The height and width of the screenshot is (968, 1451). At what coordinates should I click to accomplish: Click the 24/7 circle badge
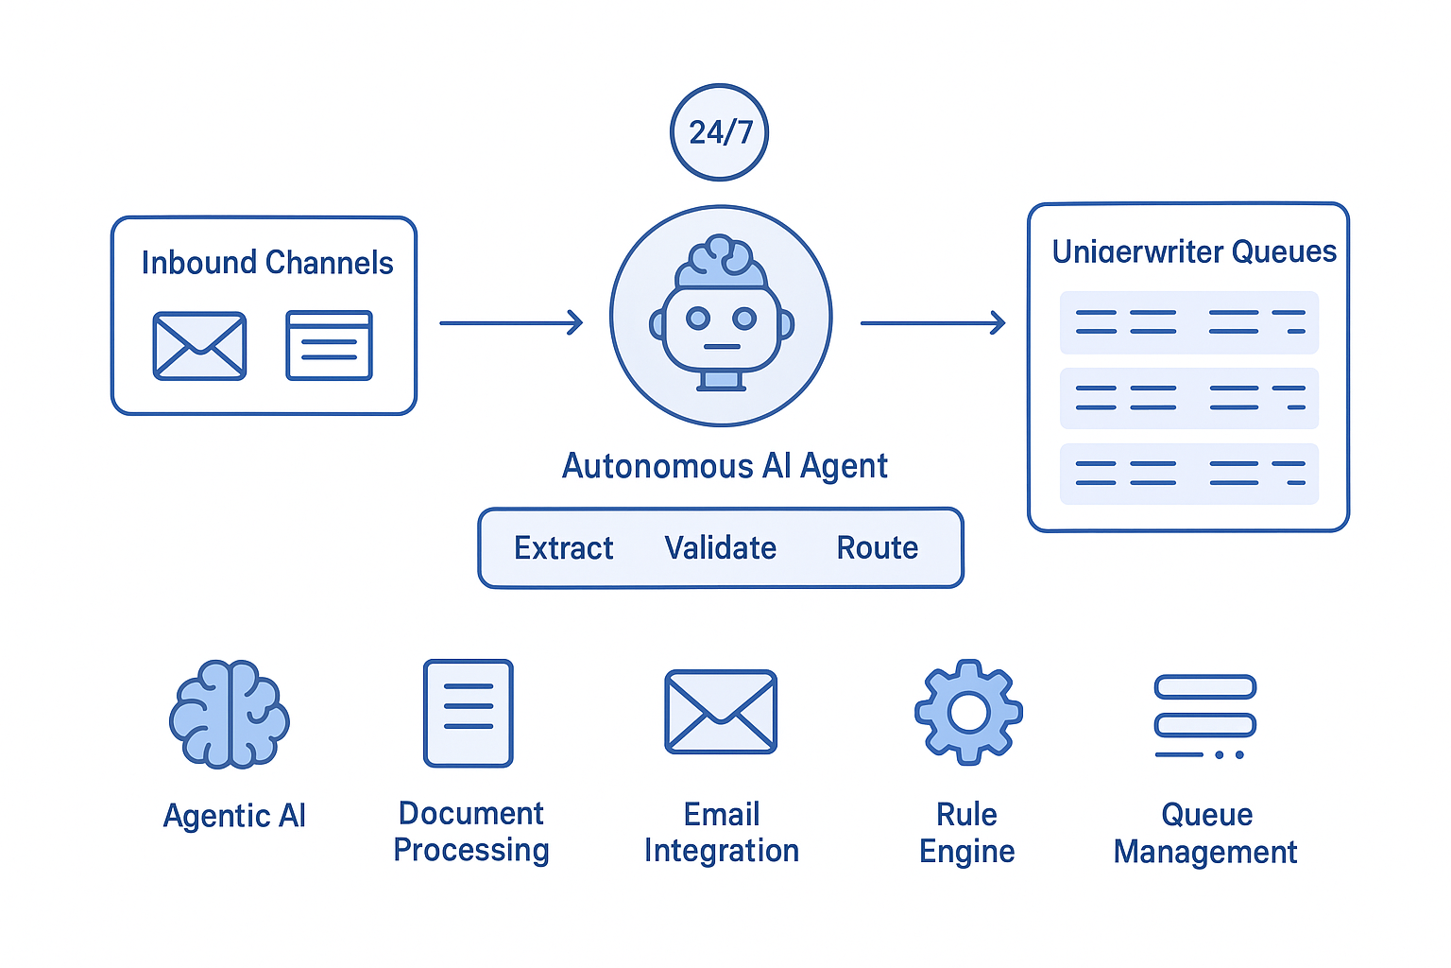pos(719,132)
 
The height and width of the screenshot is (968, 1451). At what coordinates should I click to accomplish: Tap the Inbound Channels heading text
pos(267,263)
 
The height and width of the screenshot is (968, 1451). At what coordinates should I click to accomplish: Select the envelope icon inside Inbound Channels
pos(199,346)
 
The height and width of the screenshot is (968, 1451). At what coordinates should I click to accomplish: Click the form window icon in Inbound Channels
pos(329,346)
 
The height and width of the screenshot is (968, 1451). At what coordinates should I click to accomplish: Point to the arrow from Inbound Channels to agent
pos(511,323)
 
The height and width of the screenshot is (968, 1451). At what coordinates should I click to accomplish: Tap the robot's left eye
pos(698,319)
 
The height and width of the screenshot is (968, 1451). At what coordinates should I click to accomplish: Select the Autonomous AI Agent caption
pos(725,466)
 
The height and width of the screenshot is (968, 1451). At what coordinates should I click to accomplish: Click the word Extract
pos(563,548)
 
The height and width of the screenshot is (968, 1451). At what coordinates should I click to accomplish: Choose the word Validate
pos(720,548)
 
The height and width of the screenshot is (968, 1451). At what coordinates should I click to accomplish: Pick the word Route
pos(878,548)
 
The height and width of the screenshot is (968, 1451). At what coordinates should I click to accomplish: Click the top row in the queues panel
pos(1188,322)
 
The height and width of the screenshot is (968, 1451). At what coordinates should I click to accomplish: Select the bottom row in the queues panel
pos(1188,474)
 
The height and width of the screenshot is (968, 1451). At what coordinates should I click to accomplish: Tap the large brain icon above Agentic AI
pos(230,713)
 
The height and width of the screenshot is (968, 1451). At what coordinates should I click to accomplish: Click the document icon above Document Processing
pos(469,713)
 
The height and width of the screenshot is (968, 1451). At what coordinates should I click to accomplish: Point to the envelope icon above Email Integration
pos(721,712)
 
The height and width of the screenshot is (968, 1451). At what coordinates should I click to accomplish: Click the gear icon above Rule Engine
pos(968,712)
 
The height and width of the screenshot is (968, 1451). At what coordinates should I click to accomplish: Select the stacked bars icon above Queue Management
pos(1205,717)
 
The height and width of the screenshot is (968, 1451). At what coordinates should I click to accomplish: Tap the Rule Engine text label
pos(966,833)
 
